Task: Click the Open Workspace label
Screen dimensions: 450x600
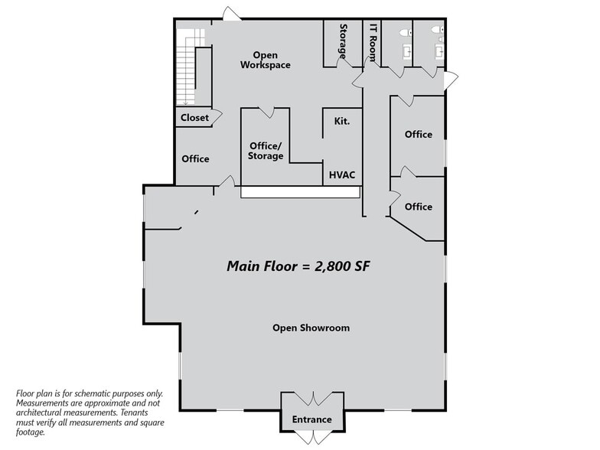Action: coord(265,60)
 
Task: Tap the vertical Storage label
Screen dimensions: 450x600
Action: coord(343,41)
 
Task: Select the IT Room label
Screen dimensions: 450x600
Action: coord(372,41)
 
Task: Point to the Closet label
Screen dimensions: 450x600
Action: coord(194,118)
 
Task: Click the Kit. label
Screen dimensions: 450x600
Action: coord(341,121)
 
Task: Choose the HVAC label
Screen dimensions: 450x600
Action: coord(341,174)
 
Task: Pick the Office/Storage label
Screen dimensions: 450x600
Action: coord(266,151)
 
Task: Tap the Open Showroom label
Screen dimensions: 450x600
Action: coord(311,328)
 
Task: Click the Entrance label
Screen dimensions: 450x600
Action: coord(311,419)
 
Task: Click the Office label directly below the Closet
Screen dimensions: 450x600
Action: coord(195,159)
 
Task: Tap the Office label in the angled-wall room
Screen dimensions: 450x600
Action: coord(418,207)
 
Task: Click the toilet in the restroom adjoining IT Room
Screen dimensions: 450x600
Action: coord(406,33)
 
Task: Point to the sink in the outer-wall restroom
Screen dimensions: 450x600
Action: coord(439,51)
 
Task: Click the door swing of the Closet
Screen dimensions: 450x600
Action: coord(217,117)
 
